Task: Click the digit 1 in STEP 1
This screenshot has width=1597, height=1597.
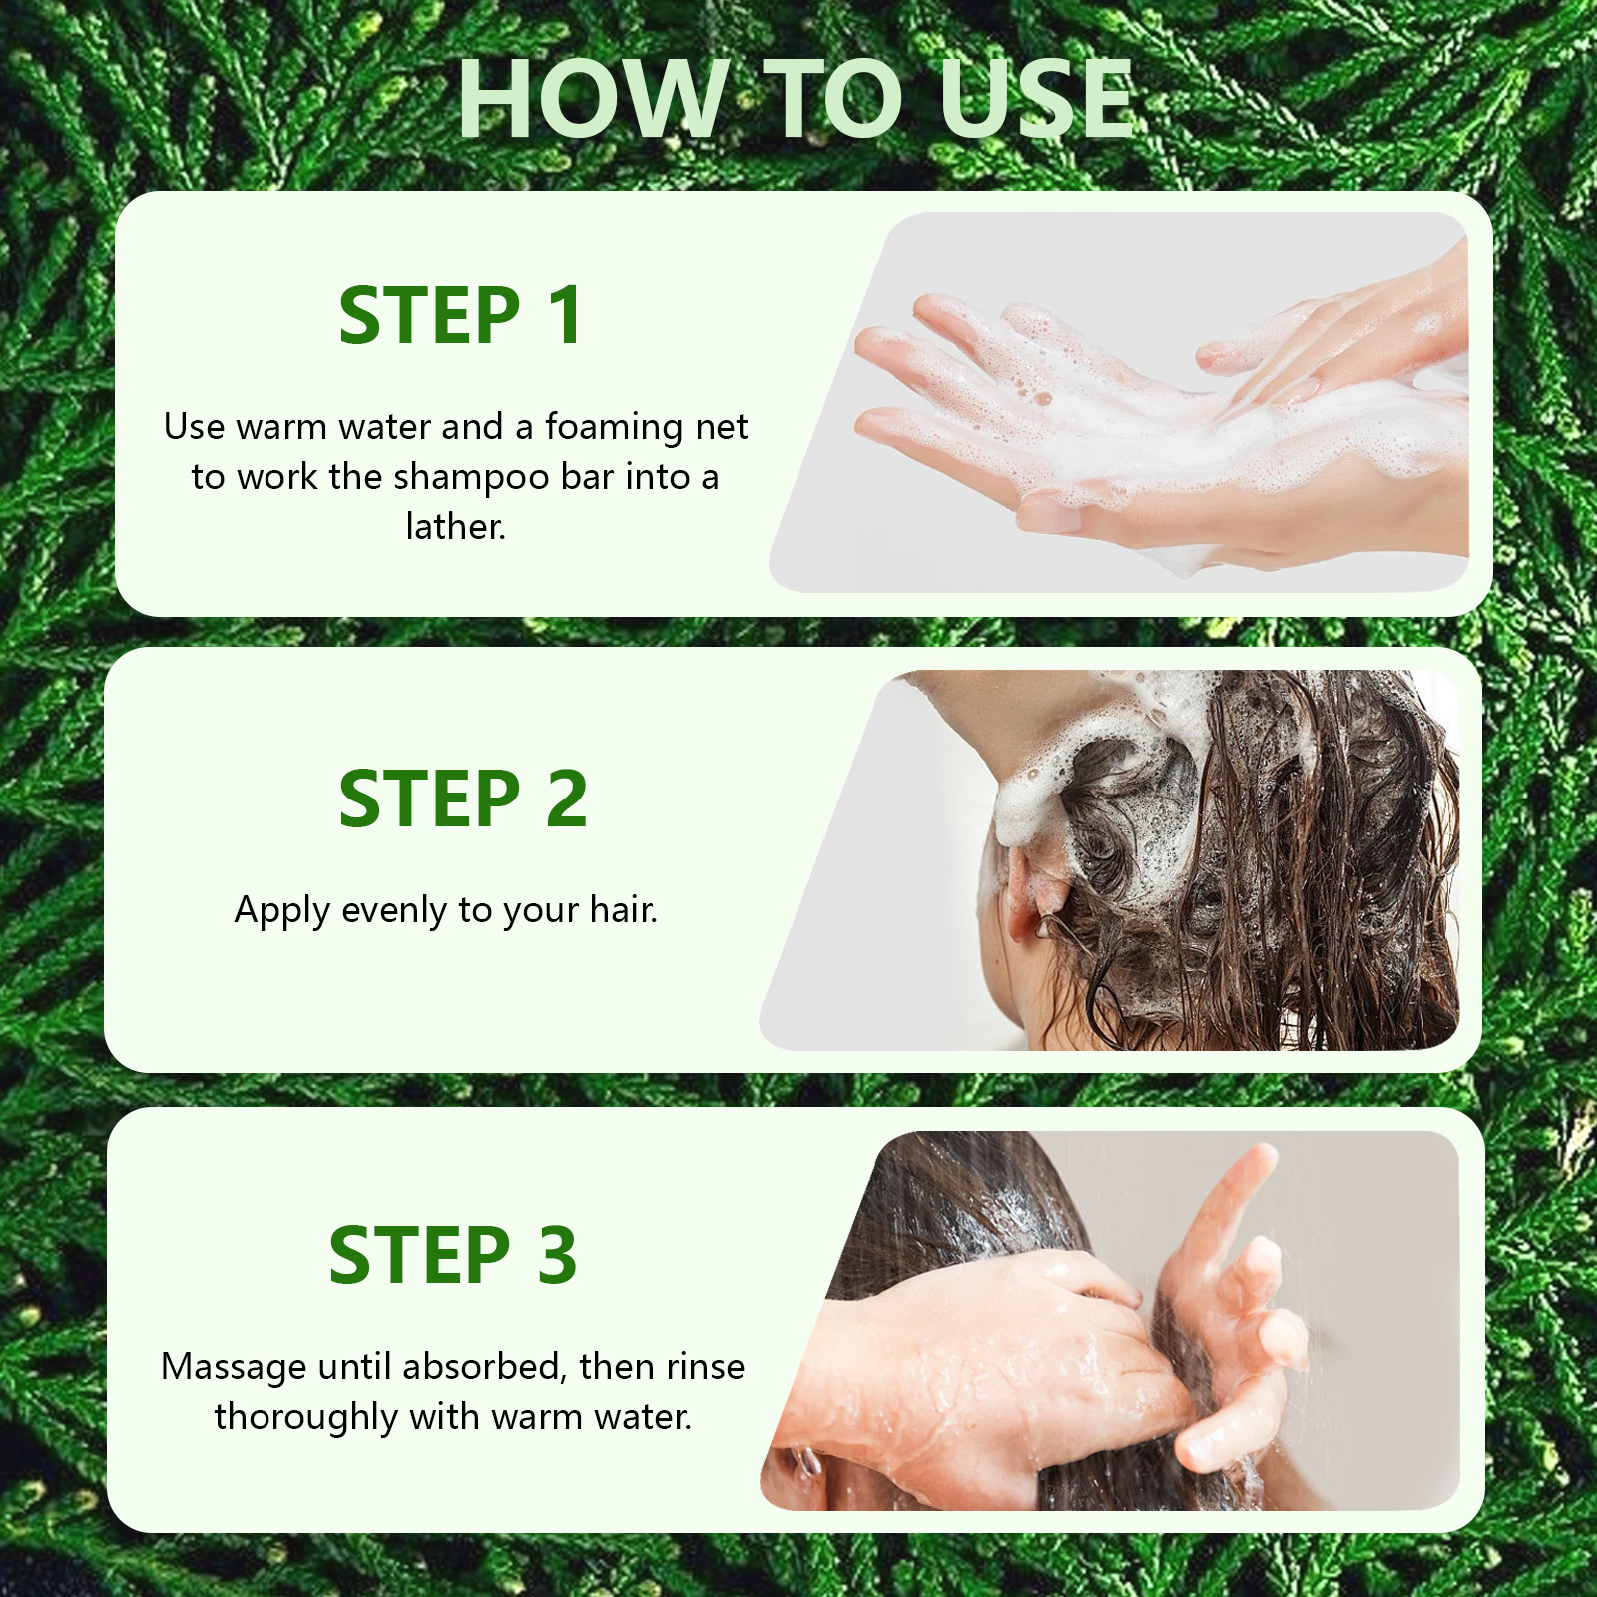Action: (x=567, y=316)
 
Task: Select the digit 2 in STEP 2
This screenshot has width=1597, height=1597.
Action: (x=567, y=799)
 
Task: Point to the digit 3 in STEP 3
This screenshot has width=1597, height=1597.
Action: (x=557, y=1255)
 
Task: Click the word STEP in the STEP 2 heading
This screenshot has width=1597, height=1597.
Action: (x=429, y=799)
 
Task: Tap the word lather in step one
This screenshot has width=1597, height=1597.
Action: (x=455, y=527)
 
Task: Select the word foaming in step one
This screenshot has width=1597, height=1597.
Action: (x=613, y=428)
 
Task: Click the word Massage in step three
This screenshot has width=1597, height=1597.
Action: (x=234, y=1368)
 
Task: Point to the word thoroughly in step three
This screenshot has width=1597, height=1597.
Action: (x=305, y=1418)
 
